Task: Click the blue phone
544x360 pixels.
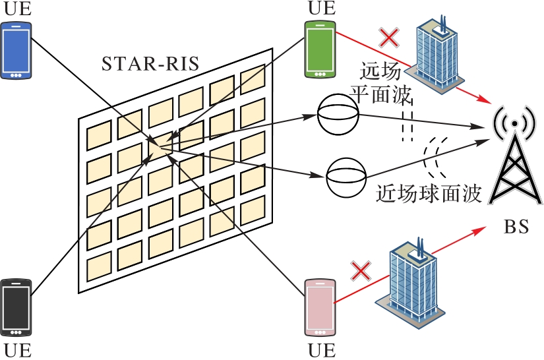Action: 16,51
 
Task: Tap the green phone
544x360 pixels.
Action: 320,49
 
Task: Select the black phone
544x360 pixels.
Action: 16,307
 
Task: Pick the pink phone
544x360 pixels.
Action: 320,308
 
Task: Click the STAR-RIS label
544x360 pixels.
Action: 150,63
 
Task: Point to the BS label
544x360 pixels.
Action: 516,227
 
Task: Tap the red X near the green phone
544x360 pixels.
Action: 389,38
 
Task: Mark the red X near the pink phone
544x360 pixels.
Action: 361,271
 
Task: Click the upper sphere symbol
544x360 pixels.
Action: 338,115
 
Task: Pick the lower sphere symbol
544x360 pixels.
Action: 346,177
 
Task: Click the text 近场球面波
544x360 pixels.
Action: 429,194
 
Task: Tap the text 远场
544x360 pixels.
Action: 380,71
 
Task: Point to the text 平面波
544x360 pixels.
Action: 380,94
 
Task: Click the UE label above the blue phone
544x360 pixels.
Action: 17,9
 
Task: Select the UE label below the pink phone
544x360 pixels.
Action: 322,351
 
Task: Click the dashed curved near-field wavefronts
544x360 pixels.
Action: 434,156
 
